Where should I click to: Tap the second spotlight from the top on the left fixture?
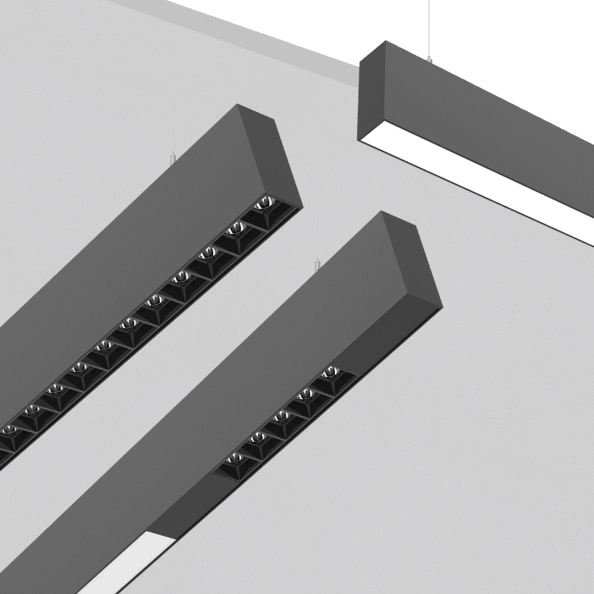coord(235,230)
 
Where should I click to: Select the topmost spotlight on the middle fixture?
coord(329,374)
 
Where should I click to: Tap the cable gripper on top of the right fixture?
coord(430,59)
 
